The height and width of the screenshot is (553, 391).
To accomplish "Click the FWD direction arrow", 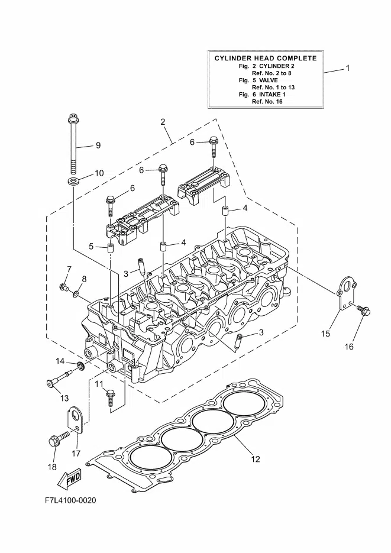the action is click(x=69, y=479).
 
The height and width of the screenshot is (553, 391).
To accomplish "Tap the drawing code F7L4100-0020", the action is click(x=70, y=500).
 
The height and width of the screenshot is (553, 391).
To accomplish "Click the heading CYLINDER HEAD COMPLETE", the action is click(x=266, y=58).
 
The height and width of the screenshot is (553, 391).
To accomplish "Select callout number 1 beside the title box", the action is click(x=348, y=67).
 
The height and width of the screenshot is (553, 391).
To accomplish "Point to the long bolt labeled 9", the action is click(x=73, y=144).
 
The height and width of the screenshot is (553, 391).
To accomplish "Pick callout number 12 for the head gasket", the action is click(x=256, y=459).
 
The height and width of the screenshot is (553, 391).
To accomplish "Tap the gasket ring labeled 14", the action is click(x=80, y=367).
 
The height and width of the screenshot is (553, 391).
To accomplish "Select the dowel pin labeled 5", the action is click(x=111, y=247).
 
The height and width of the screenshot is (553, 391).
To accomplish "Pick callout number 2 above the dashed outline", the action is click(x=163, y=122).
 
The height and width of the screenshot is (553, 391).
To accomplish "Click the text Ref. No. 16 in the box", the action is click(x=267, y=102).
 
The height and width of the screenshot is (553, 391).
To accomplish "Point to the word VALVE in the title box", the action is click(x=269, y=80).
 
